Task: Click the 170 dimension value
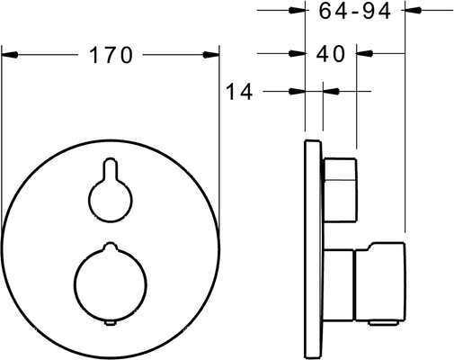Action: tap(111, 55)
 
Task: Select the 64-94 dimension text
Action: tap(354, 11)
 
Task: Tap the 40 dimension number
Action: tap(331, 54)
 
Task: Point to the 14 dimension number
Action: tap(239, 91)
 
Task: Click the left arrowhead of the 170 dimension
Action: tap(10, 55)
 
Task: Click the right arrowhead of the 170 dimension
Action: tap(211, 55)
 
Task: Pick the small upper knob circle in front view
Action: tap(111, 200)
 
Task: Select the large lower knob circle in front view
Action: tap(111, 284)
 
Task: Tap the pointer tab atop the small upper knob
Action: tap(111, 169)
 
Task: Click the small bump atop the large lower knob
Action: tap(111, 247)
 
